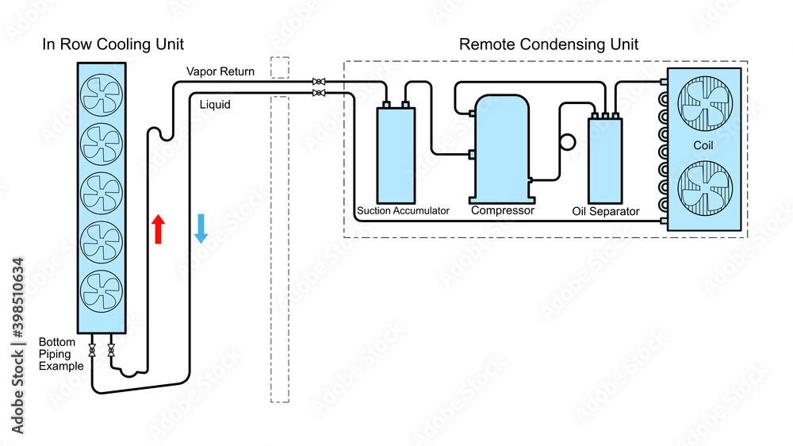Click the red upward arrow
pyautogui.click(x=159, y=229)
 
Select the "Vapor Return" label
pyautogui.click(x=220, y=71)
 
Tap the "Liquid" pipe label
pyautogui.click(x=215, y=104)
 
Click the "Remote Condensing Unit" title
pyautogui.click(x=549, y=44)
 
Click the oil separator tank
pyautogui.click(x=605, y=159)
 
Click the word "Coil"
pyautogui.click(x=704, y=146)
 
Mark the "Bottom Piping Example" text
pyautogui.click(x=60, y=354)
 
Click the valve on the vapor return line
pyautogui.click(x=318, y=82)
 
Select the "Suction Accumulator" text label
pyautogui.click(x=403, y=211)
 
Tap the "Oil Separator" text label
pyautogui.click(x=605, y=212)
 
